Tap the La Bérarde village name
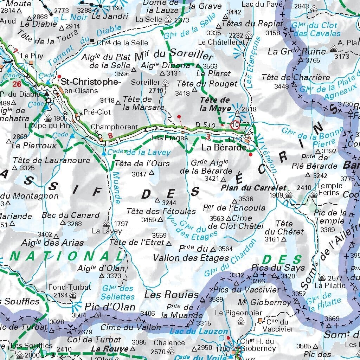tap(224, 148)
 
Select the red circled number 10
tap(235, 124)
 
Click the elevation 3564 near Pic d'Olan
tap(79, 315)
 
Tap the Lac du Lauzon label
tap(199, 331)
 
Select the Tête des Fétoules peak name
tap(161, 211)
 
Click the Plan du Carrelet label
tap(253, 188)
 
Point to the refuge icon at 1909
tap(289, 194)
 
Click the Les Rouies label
tap(172, 294)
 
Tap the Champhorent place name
tap(114, 127)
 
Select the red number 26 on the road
tap(17, 84)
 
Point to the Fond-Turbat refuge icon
tap(73, 295)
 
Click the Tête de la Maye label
tap(215, 104)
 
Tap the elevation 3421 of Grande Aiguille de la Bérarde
tap(212, 179)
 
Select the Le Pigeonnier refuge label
tap(239, 313)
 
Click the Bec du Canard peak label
tap(71, 215)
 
